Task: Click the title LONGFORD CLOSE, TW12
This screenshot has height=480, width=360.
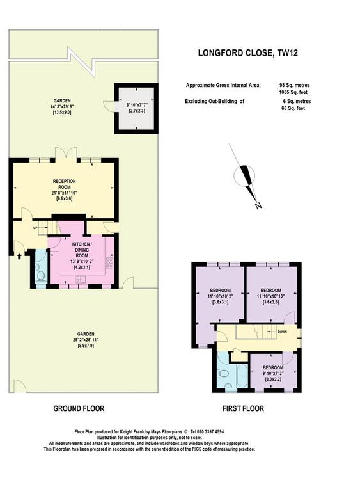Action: [x=247, y=53]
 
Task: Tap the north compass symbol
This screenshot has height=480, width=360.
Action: [x=246, y=177]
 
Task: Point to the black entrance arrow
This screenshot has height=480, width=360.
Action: [x=19, y=256]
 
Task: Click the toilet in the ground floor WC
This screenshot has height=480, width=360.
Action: [x=40, y=276]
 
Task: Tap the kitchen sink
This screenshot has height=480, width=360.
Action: [x=81, y=279]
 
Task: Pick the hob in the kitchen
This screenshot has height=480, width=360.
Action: [x=109, y=262]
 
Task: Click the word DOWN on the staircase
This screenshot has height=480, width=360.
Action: [x=282, y=332]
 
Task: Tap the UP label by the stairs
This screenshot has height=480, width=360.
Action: [x=35, y=228]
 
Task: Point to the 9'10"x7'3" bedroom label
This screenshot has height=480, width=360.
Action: [x=273, y=373]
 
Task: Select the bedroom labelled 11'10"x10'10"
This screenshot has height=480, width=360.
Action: [x=270, y=296]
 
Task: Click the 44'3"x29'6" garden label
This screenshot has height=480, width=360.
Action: [x=63, y=106]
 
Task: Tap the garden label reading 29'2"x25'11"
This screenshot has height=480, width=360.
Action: [x=86, y=340]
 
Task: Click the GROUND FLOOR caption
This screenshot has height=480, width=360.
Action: [x=79, y=408]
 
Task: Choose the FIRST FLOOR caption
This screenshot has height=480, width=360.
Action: [x=243, y=408]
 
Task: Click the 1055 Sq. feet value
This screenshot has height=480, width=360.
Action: [x=293, y=92]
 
